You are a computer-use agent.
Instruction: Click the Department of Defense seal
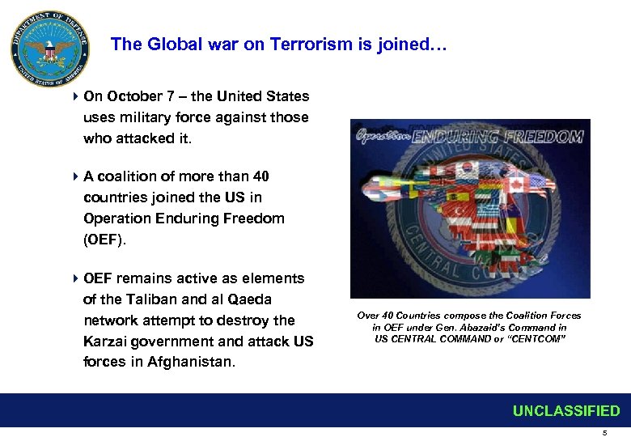tap(50, 50)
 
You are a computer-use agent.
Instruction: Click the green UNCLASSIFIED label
tap(566, 411)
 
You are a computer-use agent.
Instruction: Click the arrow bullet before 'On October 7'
tap(74, 96)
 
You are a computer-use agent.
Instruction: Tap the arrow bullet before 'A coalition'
tap(74, 176)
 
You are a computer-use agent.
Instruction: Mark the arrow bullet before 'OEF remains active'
tap(74, 278)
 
